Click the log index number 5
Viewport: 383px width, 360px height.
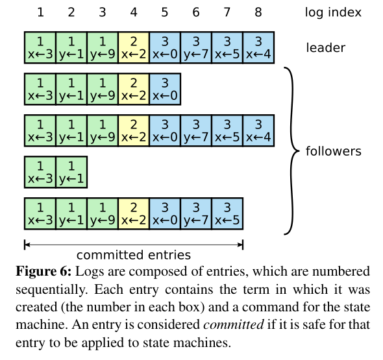point(165,12)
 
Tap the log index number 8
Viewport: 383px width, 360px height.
point(258,12)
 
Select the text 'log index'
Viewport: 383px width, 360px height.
point(333,12)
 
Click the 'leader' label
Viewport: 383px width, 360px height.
point(326,47)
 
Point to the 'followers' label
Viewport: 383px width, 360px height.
point(333,151)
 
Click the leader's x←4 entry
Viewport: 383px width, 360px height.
point(258,48)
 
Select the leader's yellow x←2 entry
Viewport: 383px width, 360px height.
point(134,48)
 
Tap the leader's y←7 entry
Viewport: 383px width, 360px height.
point(196,48)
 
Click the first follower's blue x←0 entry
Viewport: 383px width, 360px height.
point(165,90)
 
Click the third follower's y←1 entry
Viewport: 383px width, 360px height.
point(71,172)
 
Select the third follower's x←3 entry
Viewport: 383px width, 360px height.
point(40,172)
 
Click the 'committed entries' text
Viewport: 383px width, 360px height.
point(134,254)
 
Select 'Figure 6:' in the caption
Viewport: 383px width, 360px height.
point(42,271)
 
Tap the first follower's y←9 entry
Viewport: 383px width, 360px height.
point(103,90)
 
